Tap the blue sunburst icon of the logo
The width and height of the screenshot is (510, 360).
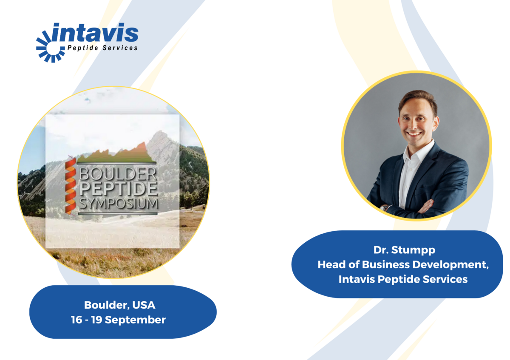[x=51, y=47]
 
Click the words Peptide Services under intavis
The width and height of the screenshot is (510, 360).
[x=102, y=48]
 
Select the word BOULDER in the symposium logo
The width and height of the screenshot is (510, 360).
[x=117, y=174]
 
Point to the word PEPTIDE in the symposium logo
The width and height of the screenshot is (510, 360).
[x=119, y=189]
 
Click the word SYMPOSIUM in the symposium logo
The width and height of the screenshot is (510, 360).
[x=119, y=204]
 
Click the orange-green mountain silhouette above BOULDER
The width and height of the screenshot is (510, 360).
[x=116, y=153]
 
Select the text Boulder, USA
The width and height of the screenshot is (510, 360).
[x=120, y=305]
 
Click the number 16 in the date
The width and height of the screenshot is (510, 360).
[x=76, y=320]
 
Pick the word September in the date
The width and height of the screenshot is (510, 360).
[x=135, y=320]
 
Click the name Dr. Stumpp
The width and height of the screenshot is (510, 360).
[x=404, y=250]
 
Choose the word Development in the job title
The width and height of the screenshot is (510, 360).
[x=450, y=265]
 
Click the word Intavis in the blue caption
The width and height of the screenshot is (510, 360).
[x=357, y=279]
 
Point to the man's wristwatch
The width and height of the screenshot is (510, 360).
[x=384, y=208]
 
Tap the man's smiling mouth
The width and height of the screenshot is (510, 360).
[x=414, y=133]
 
